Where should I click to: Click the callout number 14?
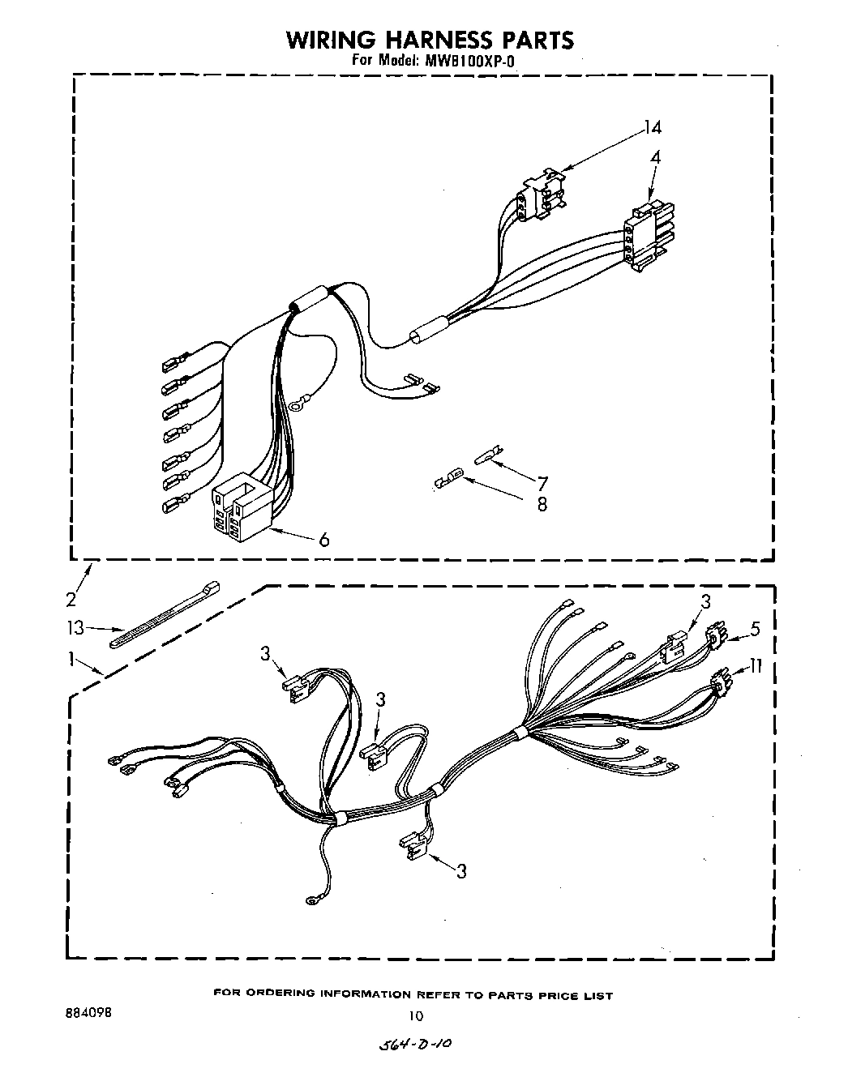pyautogui.click(x=653, y=127)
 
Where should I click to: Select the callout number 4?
pyautogui.click(x=655, y=158)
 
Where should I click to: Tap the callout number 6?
pyautogui.click(x=323, y=540)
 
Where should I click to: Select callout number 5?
pyautogui.click(x=756, y=628)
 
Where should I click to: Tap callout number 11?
pyautogui.click(x=756, y=666)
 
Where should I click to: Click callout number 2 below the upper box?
pyautogui.click(x=71, y=599)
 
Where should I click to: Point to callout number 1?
pyautogui.click(x=75, y=660)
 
